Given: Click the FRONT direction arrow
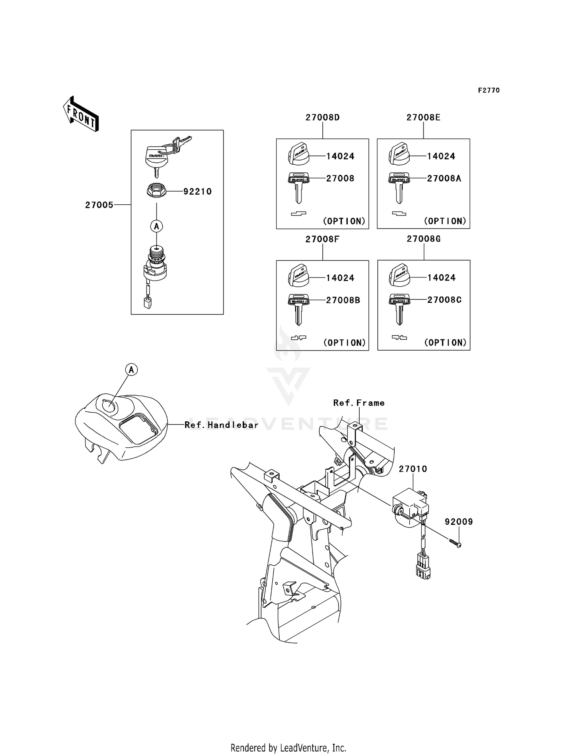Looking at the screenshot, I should click(x=81, y=114).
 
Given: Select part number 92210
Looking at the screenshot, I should click(x=197, y=191).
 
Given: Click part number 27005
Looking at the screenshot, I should click(x=99, y=205).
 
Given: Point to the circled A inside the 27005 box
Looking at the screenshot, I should click(x=157, y=226).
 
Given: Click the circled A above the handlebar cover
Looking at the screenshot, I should click(x=132, y=370).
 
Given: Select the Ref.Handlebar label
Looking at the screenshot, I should click(x=221, y=425).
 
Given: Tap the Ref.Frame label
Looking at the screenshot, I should click(x=359, y=403).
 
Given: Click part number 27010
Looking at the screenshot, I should click(x=413, y=469).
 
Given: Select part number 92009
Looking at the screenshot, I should click(x=459, y=522).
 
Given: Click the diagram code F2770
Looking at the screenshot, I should click(x=489, y=90).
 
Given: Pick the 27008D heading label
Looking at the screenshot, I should click(x=322, y=117).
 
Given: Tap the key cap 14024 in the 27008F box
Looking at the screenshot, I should click(x=299, y=276).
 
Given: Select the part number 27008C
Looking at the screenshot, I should click(x=444, y=300).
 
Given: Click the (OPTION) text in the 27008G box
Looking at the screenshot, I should click(x=445, y=342).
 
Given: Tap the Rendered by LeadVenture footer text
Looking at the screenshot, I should click(x=288, y=748).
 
